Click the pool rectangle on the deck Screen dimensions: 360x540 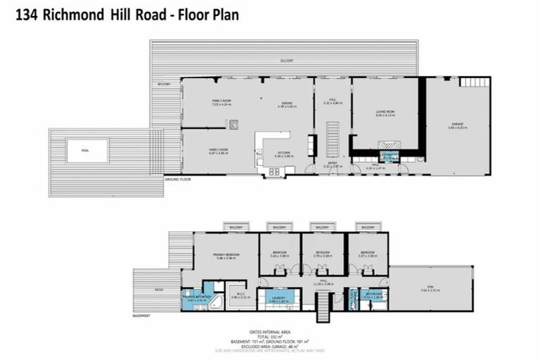click(87, 150)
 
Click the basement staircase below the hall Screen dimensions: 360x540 click(323, 307)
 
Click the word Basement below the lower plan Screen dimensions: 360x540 click(141, 316)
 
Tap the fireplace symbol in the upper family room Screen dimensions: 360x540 click(233, 124)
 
